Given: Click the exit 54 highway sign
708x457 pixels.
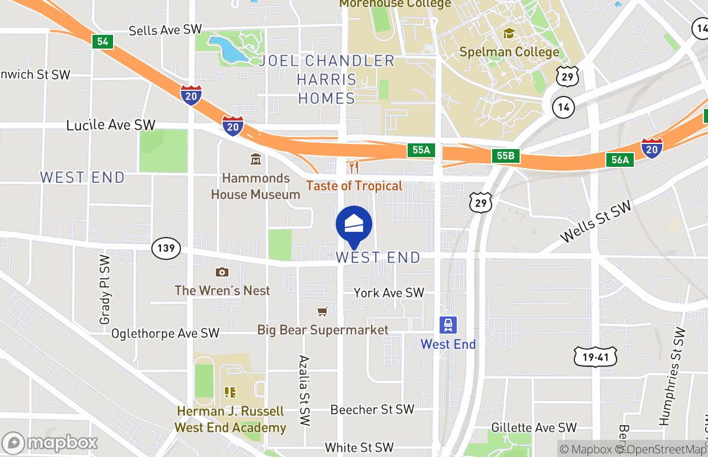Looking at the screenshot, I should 102,41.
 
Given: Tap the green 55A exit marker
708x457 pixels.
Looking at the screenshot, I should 421,150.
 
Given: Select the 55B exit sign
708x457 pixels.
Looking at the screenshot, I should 506,156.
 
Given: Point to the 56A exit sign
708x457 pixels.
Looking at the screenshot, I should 620,160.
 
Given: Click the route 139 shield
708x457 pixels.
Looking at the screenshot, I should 166,248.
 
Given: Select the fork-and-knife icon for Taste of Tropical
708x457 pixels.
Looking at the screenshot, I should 354,167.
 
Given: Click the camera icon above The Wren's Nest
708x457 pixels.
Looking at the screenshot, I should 222,272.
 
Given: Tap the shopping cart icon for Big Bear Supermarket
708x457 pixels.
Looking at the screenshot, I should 323,311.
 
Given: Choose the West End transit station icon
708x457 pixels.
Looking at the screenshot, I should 448,325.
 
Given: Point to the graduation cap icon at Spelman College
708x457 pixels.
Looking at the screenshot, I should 508,34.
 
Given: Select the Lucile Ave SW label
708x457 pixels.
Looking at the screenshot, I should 111,125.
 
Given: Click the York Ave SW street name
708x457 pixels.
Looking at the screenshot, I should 389,293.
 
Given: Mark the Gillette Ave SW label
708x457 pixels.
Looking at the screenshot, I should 534,427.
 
